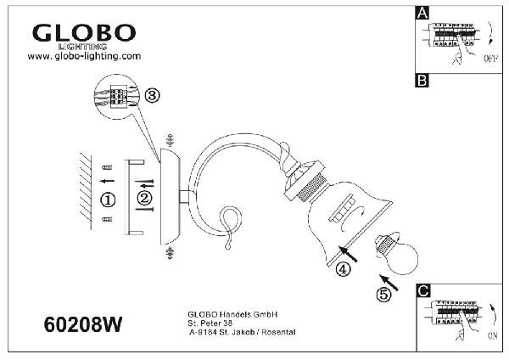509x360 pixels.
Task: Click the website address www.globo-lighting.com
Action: [84, 56]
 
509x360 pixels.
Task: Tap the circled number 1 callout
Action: [107, 200]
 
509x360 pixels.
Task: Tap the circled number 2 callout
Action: [144, 198]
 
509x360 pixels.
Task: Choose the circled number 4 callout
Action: [343, 269]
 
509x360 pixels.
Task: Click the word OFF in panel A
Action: [489, 61]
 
